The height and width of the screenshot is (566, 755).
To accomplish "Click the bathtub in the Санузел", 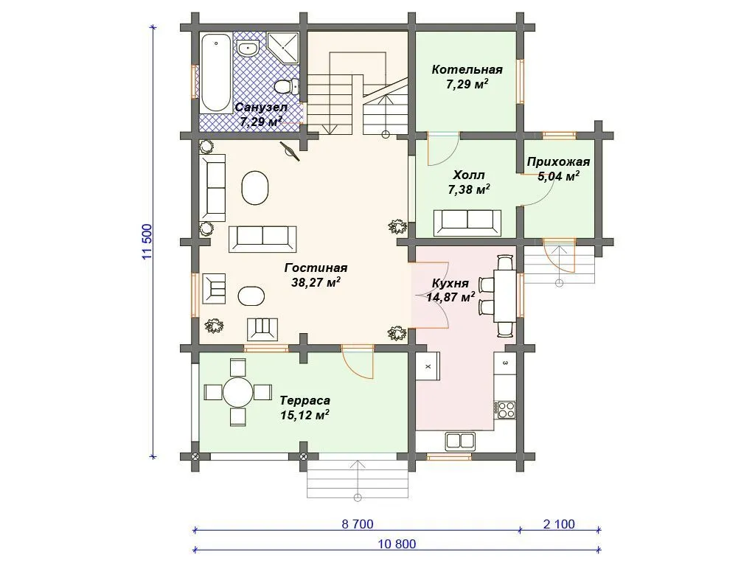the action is click(215, 73).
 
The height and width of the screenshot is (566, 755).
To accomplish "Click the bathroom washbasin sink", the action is click(248, 48).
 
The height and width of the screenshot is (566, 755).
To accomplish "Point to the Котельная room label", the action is click(467, 70).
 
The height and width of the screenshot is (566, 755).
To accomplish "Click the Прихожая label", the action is click(558, 161).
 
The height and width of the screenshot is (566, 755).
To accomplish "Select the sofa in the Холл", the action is click(467, 223).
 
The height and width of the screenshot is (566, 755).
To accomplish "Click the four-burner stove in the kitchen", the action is click(505, 410).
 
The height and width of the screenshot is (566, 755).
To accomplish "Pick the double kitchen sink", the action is click(461, 441).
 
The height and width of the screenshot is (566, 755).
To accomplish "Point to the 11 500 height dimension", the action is click(147, 242).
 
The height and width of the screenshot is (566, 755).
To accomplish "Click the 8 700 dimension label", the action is click(358, 524).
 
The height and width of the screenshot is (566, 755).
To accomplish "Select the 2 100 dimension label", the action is click(559, 524).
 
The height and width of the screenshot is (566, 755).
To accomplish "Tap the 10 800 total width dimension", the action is click(397, 545).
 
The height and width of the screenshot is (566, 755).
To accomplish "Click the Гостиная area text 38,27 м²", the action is click(316, 282).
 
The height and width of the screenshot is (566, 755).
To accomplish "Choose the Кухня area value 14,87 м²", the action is click(450, 298).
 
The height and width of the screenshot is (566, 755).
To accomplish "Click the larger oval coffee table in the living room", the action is click(254, 188).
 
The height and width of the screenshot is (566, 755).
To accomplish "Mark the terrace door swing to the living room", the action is click(358, 362).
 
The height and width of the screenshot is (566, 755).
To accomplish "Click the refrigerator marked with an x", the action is click(428, 366).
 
